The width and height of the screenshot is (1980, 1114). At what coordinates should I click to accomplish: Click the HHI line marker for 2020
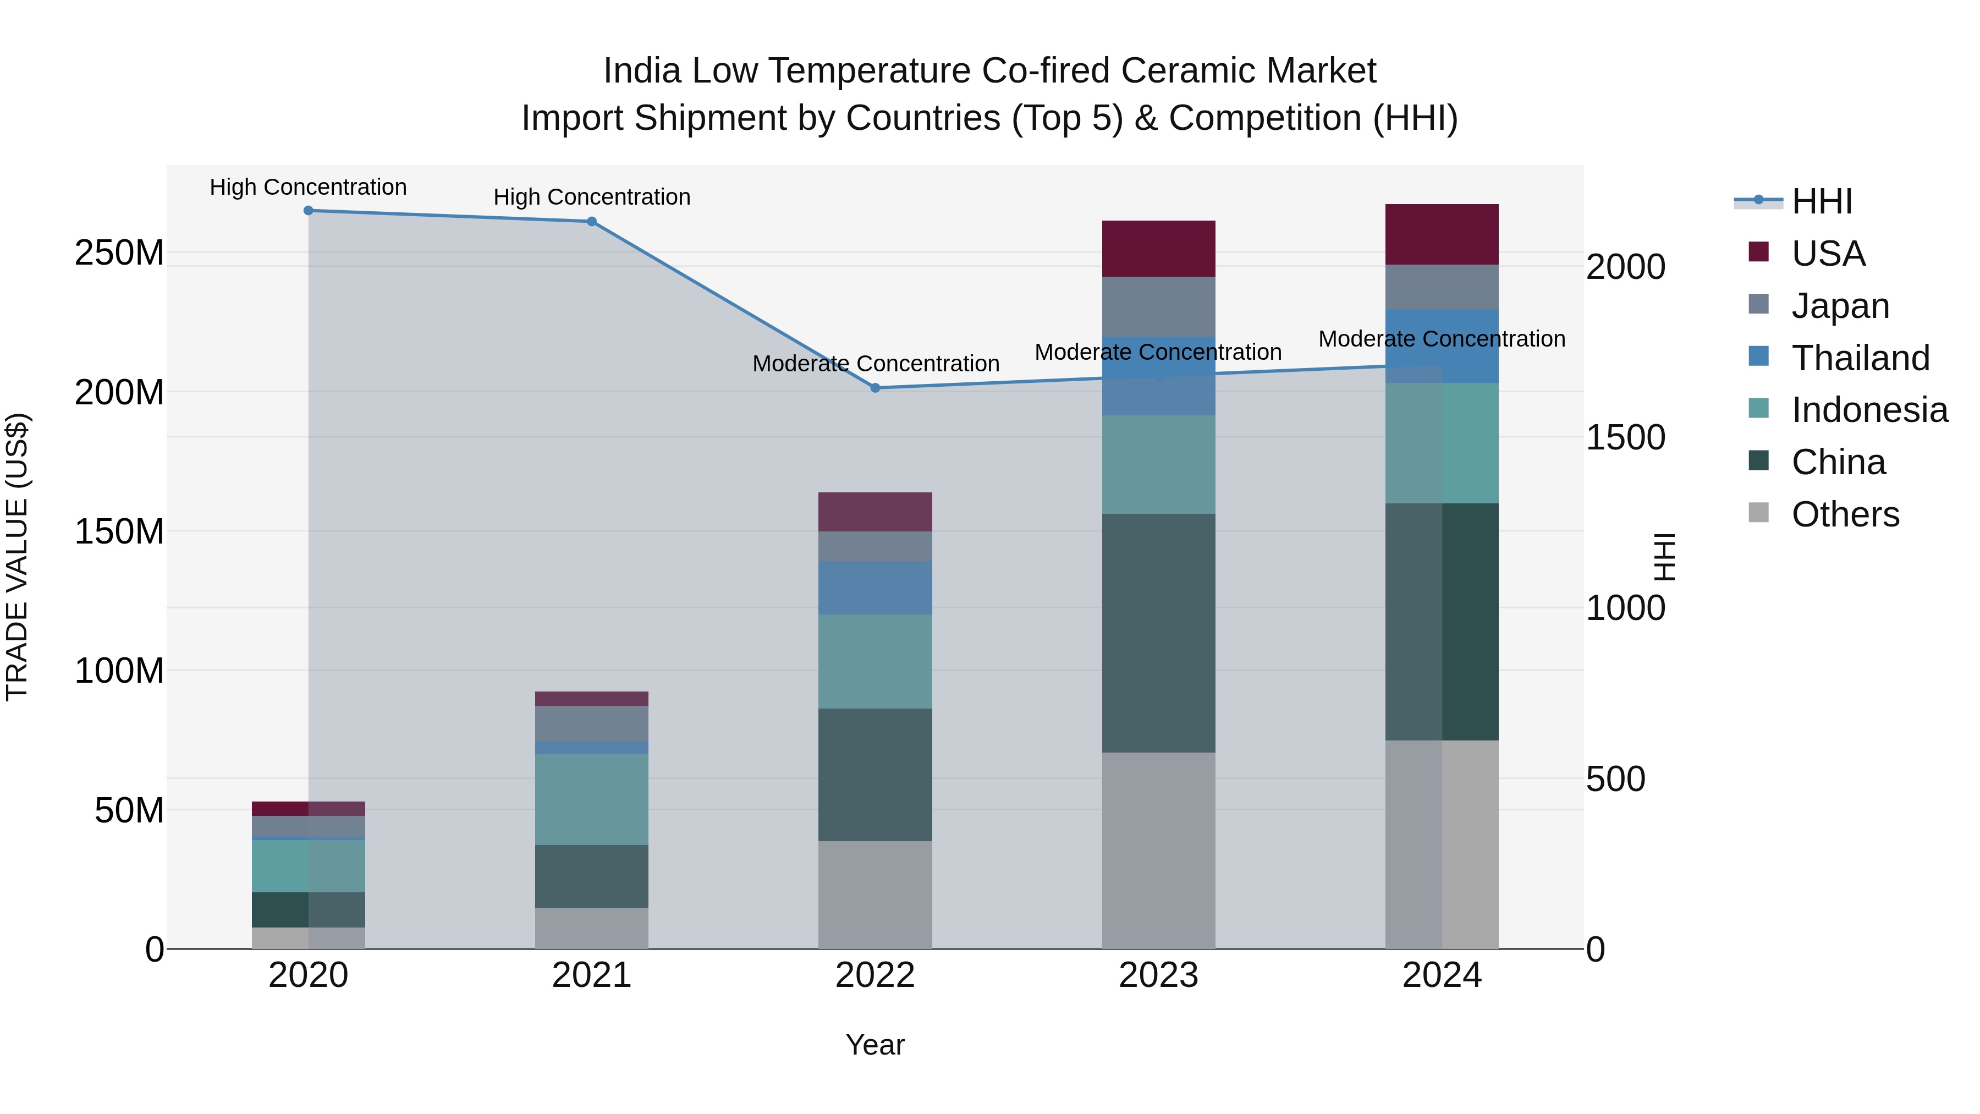(x=308, y=211)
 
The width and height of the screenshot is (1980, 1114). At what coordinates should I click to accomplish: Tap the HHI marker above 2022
(x=875, y=388)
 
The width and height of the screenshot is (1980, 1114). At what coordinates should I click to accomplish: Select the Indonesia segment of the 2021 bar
(x=592, y=799)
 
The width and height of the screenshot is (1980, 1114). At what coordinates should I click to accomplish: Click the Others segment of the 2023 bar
(x=1158, y=850)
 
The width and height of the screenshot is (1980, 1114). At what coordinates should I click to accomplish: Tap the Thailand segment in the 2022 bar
(x=875, y=588)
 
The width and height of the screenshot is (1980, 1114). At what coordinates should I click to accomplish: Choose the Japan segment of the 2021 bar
(x=592, y=723)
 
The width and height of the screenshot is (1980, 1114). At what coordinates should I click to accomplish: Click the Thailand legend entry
(x=1860, y=358)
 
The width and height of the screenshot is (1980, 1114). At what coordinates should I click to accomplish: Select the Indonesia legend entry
(x=1869, y=410)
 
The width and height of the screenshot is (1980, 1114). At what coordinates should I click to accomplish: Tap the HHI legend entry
(x=1821, y=201)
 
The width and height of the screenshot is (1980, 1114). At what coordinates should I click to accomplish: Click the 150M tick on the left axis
(x=119, y=532)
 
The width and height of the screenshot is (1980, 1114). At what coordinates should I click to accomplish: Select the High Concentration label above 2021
(x=592, y=197)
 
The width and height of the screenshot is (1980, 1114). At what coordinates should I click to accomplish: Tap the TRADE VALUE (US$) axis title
(x=18, y=557)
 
